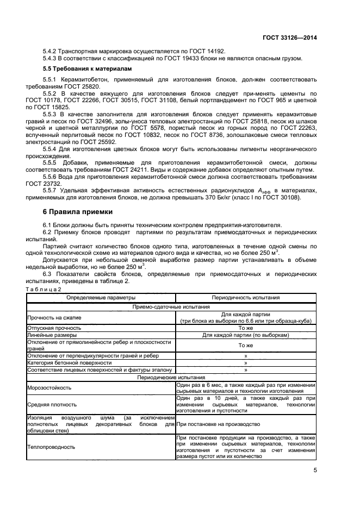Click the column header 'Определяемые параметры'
point(101,298)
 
